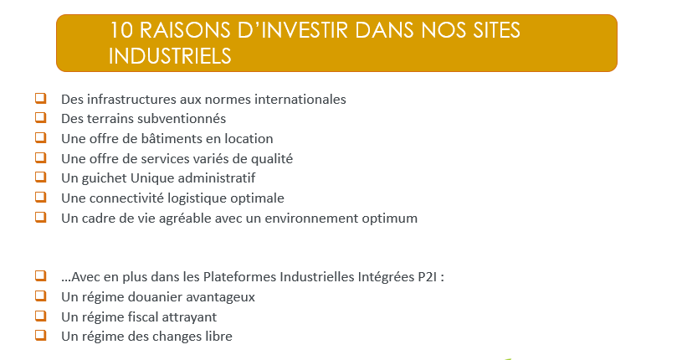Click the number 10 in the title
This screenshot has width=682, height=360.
(121, 30)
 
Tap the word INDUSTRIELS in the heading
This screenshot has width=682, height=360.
(170, 56)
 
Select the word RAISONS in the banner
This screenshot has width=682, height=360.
(185, 30)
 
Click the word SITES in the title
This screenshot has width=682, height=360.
(496, 30)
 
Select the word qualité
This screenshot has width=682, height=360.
(272, 159)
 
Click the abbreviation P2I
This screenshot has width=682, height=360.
(427, 277)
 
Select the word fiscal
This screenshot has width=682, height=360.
(138, 317)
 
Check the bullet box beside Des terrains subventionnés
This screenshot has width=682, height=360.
(41, 117)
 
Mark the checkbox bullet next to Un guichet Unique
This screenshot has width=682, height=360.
(41, 177)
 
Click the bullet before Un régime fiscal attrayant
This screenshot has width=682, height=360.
(41, 316)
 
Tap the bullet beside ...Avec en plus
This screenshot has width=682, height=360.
(41, 276)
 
